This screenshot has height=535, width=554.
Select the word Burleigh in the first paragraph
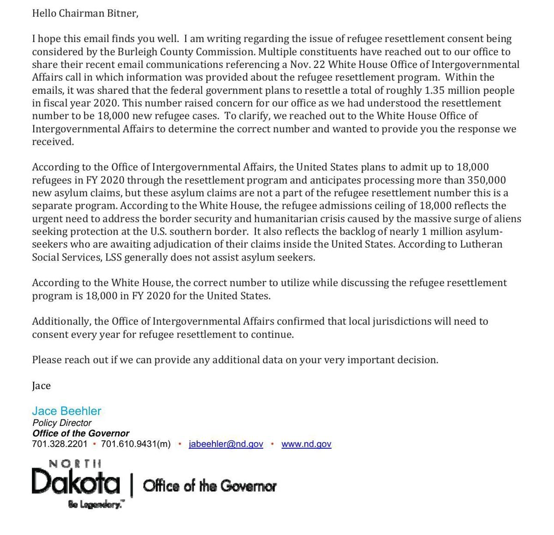(x=127, y=52)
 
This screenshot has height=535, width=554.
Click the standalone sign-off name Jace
(x=41, y=386)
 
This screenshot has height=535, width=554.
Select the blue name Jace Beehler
(x=66, y=411)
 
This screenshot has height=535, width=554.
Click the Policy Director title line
(x=62, y=423)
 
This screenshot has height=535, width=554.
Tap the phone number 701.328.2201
(x=60, y=444)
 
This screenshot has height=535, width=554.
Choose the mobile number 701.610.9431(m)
(x=136, y=444)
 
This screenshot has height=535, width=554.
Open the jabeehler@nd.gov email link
(x=226, y=444)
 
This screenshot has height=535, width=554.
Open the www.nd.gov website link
(x=306, y=444)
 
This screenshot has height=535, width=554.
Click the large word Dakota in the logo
(x=76, y=482)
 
